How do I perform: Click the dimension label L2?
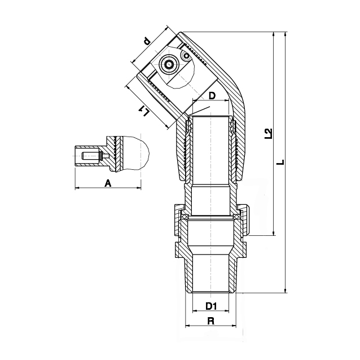pos(268,133)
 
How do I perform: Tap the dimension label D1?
pos(211,306)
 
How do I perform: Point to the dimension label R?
pos(211,321)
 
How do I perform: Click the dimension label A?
pos(108,183)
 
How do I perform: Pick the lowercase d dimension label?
pos(147,41)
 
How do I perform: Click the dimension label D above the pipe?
pos(212,95)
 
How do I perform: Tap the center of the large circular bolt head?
pos(170,64)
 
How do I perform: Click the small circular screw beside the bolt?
pos(186,56)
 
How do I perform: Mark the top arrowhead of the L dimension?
pos(286,34)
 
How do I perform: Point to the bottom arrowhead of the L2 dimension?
pos(273,233)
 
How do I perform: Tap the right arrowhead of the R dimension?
pos(234,326)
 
